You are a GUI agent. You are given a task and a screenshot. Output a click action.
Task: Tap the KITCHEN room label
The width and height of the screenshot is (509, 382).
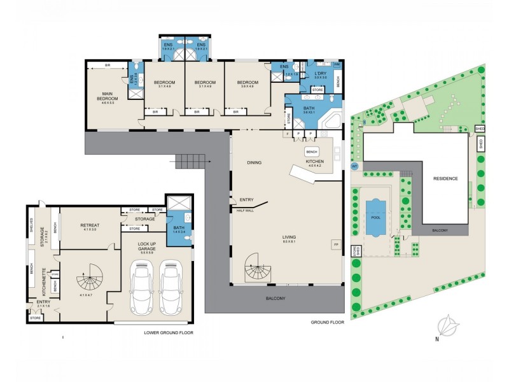click(x=314, y=162)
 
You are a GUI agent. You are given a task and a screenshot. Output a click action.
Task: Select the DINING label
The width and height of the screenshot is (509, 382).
click(x=255, y=162)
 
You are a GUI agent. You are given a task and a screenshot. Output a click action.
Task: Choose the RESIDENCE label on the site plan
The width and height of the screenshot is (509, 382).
click(x=445, y=179)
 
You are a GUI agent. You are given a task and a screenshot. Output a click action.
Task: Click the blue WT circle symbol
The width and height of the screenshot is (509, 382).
click(x=355, y=167)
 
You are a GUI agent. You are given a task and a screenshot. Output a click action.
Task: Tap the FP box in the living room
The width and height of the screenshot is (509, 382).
click(x=335, y=244)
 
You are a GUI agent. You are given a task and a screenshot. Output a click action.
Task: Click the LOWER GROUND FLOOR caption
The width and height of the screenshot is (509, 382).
click(x=168, y=332)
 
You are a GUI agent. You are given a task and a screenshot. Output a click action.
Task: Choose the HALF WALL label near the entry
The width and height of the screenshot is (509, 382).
click(x=246, y=210)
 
